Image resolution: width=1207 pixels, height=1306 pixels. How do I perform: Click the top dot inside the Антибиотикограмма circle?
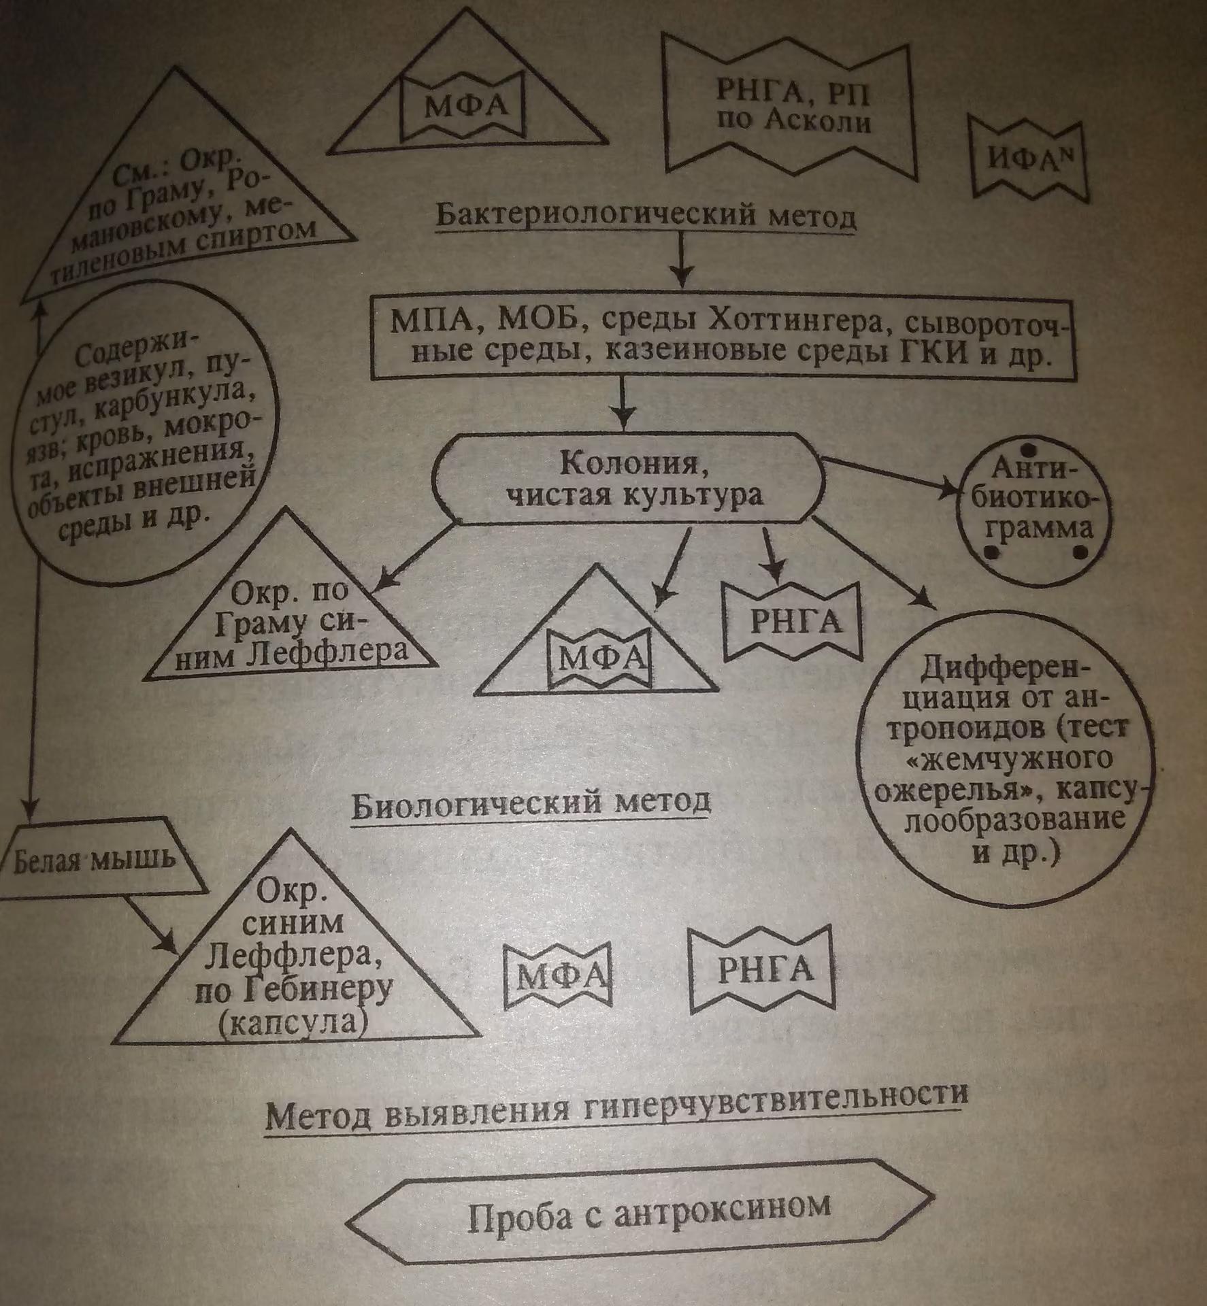coord(1029,450)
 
